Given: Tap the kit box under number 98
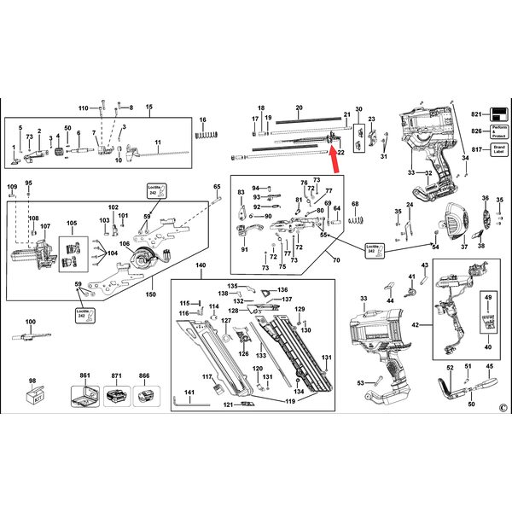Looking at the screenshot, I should coord(36,395).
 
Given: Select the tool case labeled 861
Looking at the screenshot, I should coord(85,396).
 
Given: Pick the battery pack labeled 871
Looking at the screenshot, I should coord(118,396).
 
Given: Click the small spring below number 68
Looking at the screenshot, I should coord(355,220).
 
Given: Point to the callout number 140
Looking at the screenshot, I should coord(201,265).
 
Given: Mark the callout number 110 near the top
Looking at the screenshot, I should coord(83,108).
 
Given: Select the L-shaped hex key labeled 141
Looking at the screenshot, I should coord(183,396).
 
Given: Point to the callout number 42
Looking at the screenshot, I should coord(416,326).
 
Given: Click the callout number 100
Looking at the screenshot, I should coord(31,322).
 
